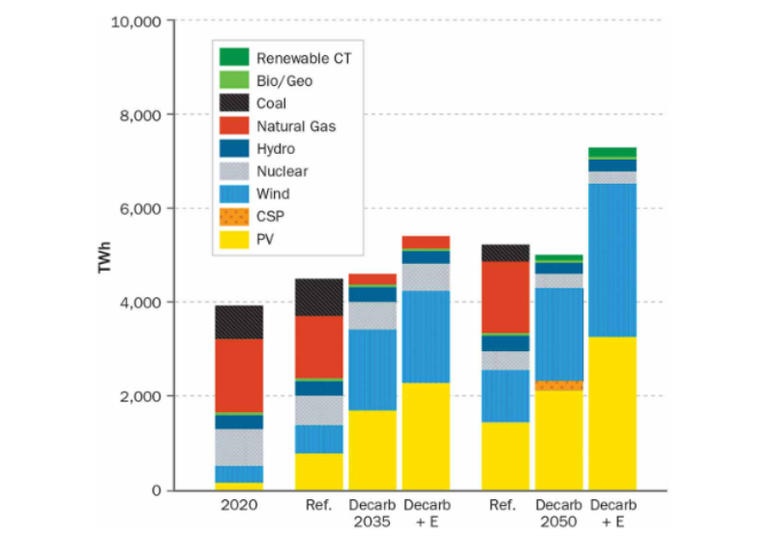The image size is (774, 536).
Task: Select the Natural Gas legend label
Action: click(x=297, y=126)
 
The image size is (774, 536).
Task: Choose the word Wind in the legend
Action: click(x=274, y=194)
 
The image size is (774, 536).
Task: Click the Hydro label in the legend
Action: click(x=276, y=149)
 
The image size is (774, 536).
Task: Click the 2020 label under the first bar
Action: click(x=239, y=505)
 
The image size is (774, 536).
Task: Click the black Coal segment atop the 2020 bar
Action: click(x=239, y=322)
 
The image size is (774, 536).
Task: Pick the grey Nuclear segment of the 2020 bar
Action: click(x=239, y=447)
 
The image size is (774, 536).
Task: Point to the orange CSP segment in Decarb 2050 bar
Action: click(x=558, y=385)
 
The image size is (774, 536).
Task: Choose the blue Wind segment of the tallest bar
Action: click(x=611, y=260)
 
